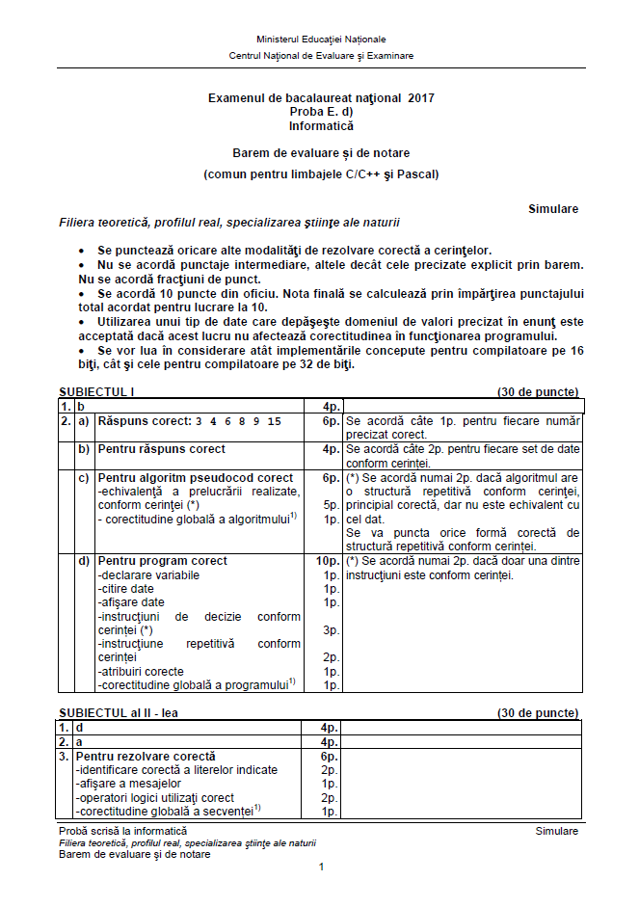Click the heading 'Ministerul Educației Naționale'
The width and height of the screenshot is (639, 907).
321,40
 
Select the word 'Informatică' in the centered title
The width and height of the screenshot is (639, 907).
321,126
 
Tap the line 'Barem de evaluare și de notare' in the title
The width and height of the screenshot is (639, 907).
321,153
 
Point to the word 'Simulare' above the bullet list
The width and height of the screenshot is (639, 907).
553,209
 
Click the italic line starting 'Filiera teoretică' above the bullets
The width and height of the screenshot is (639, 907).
229,223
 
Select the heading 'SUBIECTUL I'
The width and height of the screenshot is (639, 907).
96,392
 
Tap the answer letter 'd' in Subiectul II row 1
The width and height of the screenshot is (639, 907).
80,729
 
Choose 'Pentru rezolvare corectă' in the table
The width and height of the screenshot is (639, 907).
146,757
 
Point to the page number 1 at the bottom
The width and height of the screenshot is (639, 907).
321,867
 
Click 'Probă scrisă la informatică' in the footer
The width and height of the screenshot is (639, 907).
123,831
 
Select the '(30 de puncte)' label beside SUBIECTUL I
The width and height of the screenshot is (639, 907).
538,392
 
